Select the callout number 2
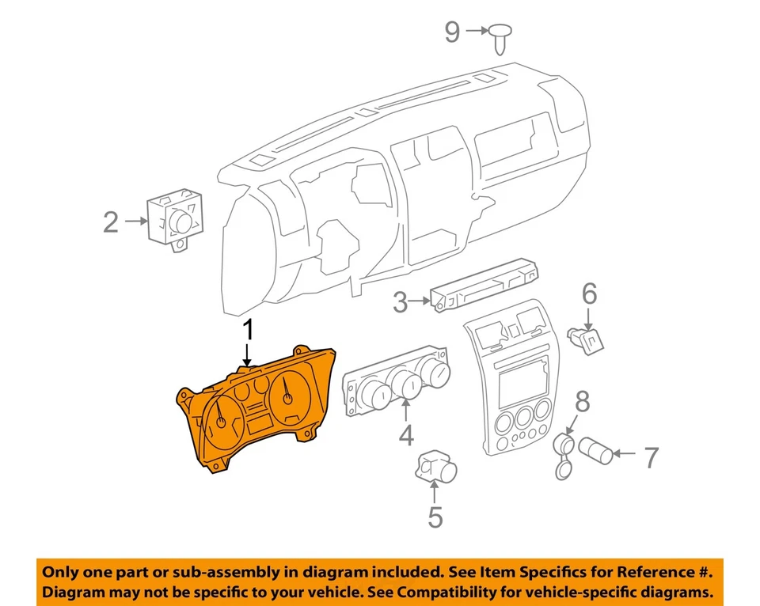111,222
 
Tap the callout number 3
401,301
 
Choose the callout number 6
590,294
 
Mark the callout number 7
651,456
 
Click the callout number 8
582,403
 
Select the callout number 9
451,32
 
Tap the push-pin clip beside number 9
501,36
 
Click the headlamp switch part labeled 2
176,218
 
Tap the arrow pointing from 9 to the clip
477,32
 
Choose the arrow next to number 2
135,222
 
